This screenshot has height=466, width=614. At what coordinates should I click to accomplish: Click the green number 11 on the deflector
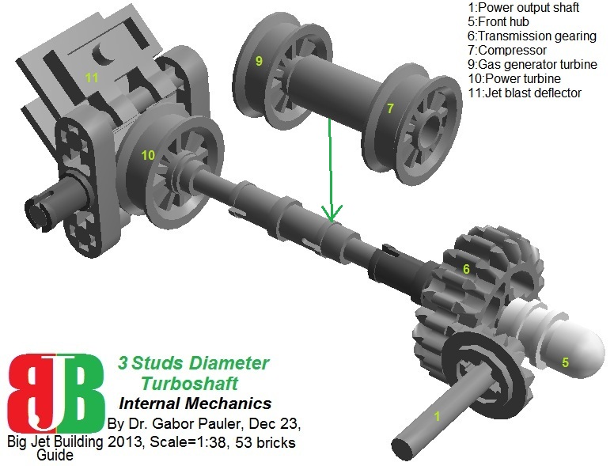pos(92,78)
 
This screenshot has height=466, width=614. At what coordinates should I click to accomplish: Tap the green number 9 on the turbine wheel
pos(259,60)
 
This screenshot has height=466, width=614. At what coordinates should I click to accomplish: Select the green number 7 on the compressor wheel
pos(389,108)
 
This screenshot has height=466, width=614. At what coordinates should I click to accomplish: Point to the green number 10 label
pos(148,155)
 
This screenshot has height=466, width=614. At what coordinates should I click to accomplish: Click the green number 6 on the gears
pos(467,270)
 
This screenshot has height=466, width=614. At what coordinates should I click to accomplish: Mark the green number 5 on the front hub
pos(565,363)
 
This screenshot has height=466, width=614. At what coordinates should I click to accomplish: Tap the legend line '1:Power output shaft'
pos(523,8)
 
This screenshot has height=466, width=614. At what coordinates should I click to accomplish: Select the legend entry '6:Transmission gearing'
pos(532,36)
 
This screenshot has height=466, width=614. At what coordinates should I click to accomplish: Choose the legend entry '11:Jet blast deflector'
pos(525,93)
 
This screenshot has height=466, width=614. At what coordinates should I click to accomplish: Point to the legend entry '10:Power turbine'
pos(515,79)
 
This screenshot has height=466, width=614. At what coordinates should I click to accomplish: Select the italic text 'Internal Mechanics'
pos(195,403)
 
